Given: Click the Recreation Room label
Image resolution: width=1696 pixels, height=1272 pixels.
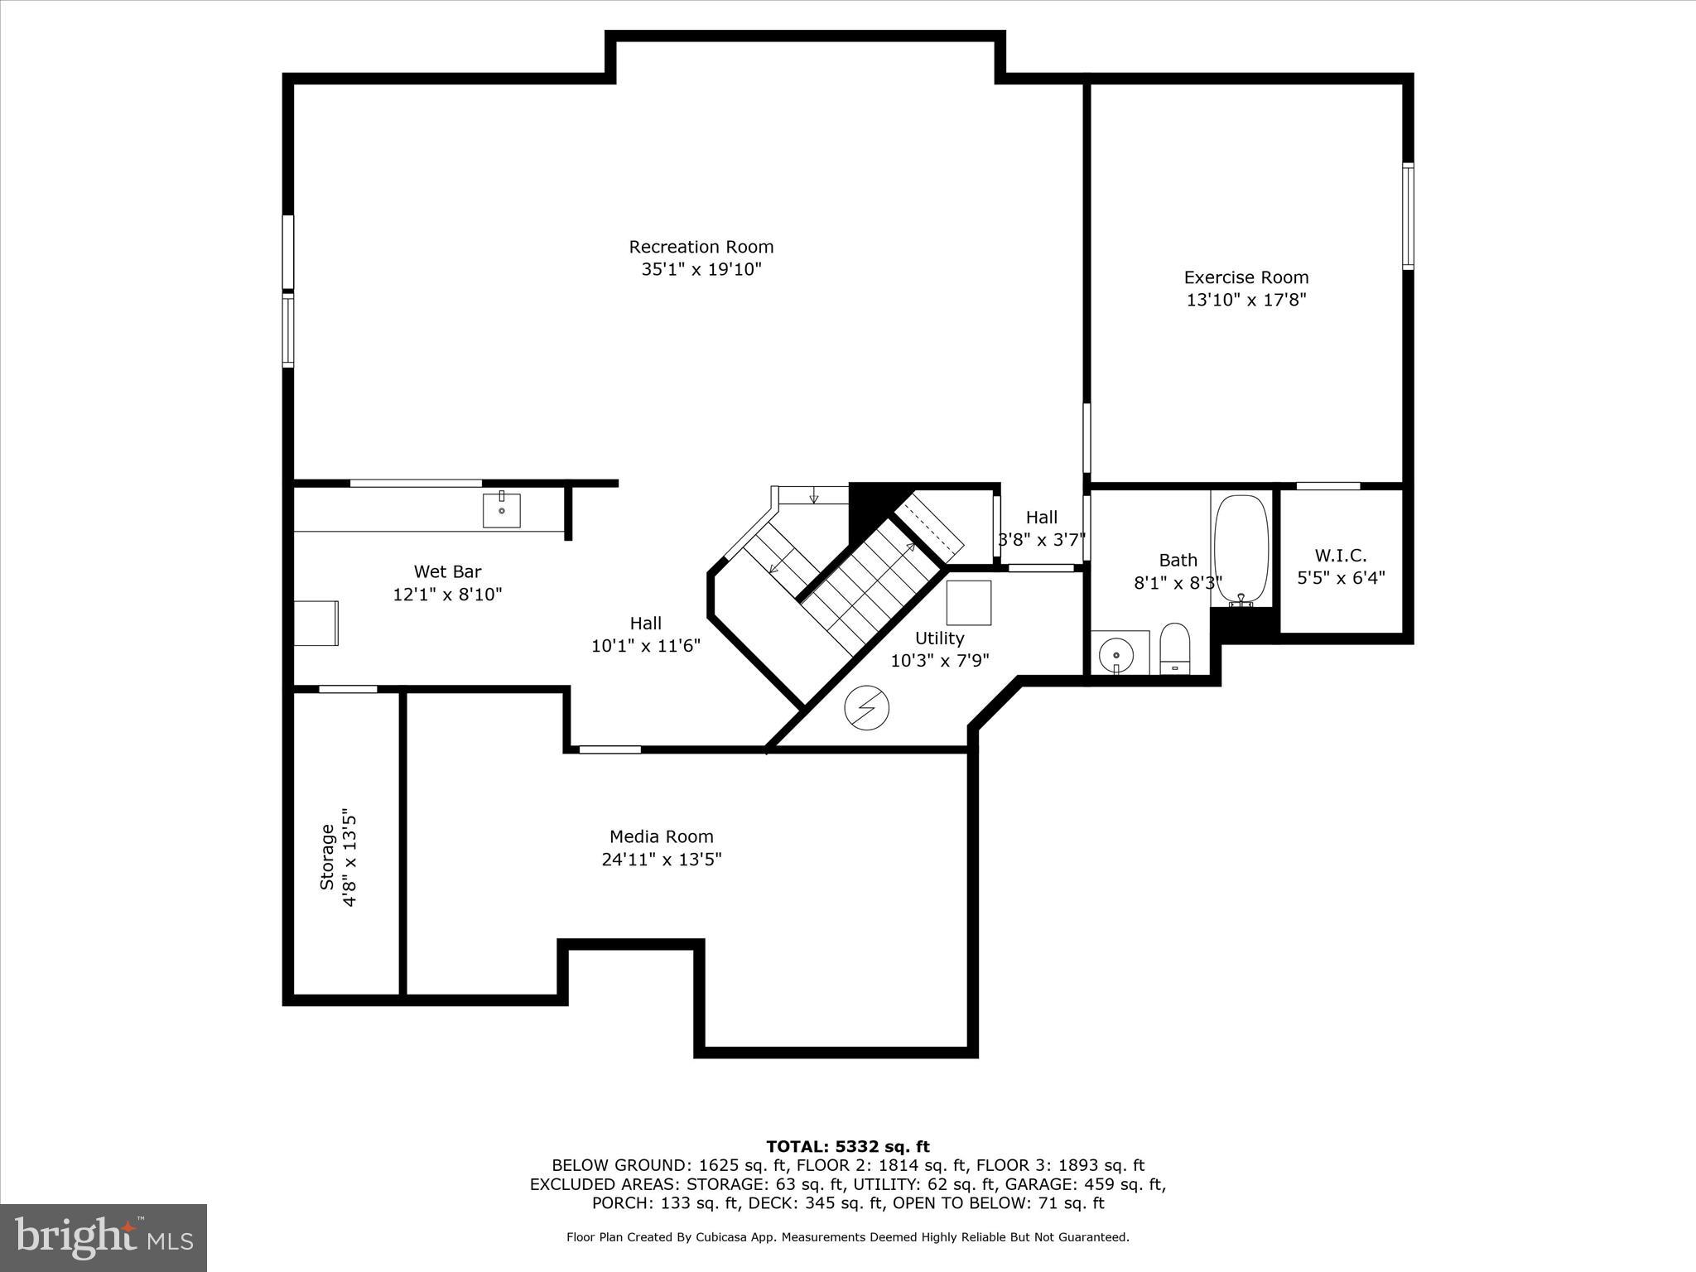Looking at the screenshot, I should coord(701,247).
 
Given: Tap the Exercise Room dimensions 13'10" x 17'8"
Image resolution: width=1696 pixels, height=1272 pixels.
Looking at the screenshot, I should coord(1245,300).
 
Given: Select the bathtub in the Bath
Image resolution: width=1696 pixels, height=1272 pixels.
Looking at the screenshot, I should coord(1241,550).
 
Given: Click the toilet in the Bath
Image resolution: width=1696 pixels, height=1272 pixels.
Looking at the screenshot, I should coord(1174,648).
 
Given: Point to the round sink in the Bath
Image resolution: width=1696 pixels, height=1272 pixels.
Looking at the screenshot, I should coord(1115,655).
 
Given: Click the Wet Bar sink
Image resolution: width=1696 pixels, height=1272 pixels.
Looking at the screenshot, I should coord(502,510).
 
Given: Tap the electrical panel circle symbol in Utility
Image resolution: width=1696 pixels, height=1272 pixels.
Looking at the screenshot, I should coord(866,709).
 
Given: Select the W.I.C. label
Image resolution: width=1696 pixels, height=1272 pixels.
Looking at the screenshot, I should coord(1340,556).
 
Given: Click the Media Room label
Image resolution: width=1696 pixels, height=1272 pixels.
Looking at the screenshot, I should coord(661,836).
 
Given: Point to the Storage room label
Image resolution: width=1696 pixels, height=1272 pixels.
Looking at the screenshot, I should coord(327,857).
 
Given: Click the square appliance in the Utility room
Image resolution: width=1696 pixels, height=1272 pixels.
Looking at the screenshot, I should coord(968,603).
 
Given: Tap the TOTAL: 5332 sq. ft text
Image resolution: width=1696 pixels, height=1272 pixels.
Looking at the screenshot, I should coord(847,1146).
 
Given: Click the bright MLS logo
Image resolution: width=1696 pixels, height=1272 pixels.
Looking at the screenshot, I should coord(104,1238).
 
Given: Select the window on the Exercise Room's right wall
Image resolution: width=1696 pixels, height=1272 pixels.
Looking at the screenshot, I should coord(1407,216).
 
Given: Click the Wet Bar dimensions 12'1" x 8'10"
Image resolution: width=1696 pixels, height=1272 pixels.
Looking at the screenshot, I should coord(447,595).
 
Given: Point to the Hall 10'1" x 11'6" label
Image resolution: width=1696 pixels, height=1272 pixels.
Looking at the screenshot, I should coord(645,634).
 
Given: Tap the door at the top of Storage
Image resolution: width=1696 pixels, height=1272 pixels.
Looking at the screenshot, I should coord(348,689).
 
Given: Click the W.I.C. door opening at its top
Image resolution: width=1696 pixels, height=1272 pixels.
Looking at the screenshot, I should coord(1327,486).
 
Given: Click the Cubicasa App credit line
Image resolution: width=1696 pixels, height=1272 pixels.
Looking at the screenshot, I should coord(847,1237).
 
